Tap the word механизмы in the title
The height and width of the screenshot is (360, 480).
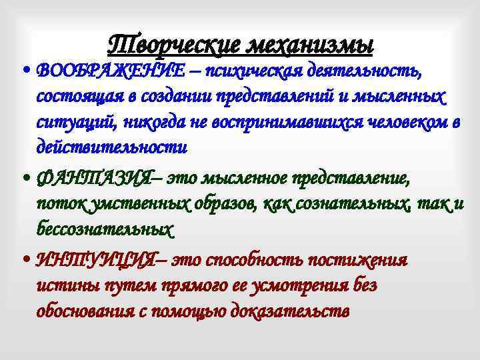point(312,45)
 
